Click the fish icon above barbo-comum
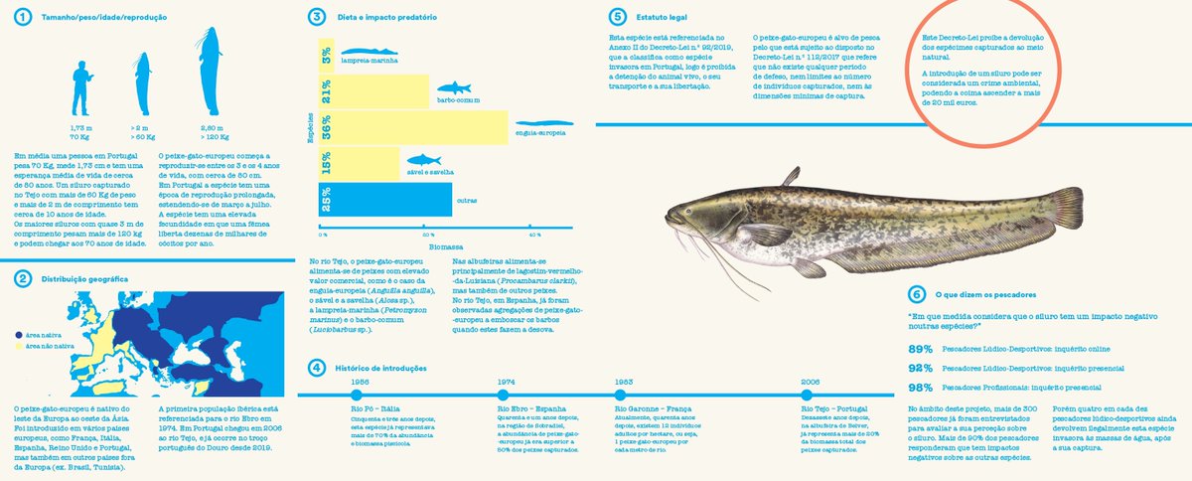pos(453,88)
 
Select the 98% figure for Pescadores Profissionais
pos(920,387)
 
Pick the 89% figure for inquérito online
pos(920,349)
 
